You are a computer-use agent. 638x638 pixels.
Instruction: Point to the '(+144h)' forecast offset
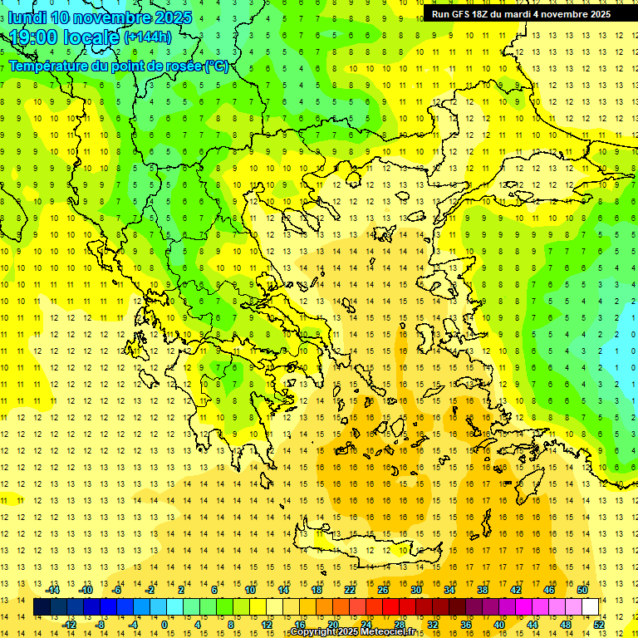click(148, 37)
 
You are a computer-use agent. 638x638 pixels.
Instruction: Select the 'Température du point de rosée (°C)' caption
click(118, 66)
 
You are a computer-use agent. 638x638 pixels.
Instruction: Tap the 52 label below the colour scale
click(599, 625)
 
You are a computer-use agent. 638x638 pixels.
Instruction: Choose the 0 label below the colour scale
click(164, 625)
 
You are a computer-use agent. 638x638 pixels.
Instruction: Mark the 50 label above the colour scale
click(582, 590)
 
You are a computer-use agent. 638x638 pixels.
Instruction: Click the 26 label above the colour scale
click(383, 590)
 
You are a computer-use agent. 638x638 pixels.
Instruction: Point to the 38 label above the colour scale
click(483, 590)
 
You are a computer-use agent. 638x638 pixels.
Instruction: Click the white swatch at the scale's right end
click(590, 607)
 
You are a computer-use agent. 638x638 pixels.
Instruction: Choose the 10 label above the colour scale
click(250, 590)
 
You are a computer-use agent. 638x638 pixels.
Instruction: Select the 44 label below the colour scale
click(532, 625)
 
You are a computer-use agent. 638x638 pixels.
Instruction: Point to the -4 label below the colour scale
click(133, 625)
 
